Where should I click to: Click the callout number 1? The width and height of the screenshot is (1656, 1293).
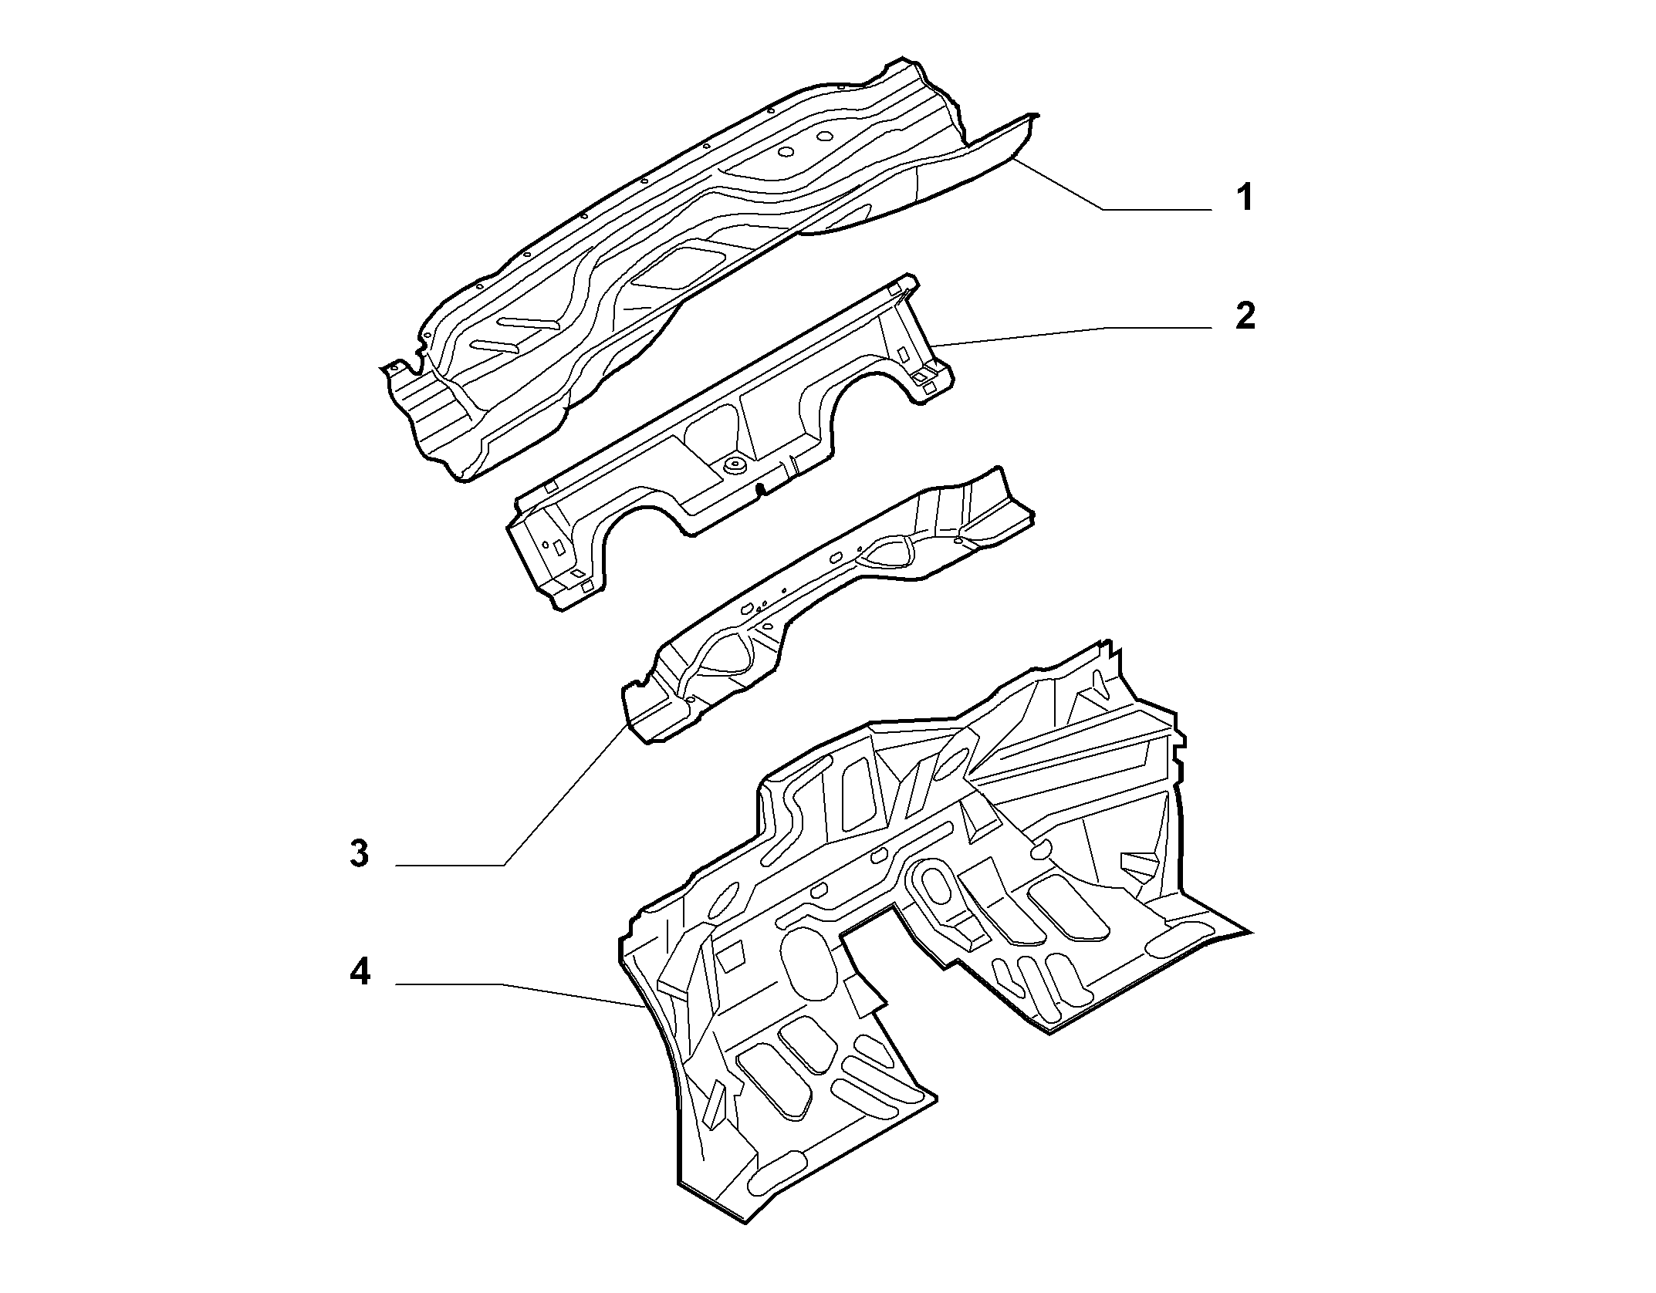pyautogui.click(x=1244, y=198)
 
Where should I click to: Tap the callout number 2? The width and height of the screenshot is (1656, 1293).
pyautogui.click(x=1245, y=316)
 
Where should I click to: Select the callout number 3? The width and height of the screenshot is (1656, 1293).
pyautogui.click(x=359, y=854)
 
